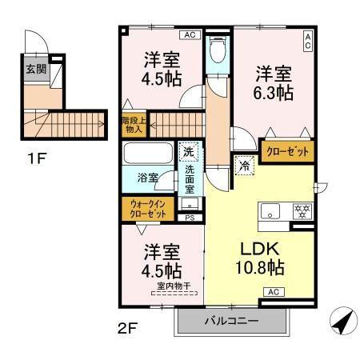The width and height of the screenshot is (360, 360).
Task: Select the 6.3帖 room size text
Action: [x=274, y=93]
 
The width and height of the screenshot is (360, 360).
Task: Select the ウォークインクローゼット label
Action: [x=150, y=210]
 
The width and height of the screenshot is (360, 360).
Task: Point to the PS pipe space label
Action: [x=189, y=217]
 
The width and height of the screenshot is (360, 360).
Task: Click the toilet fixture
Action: [x=216, y=53]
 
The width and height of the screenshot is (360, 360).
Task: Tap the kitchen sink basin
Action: [x=270, y=213]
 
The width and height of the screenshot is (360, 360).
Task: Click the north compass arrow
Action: [x=342, y=322]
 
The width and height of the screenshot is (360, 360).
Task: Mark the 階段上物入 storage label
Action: [x=133, y=123]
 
